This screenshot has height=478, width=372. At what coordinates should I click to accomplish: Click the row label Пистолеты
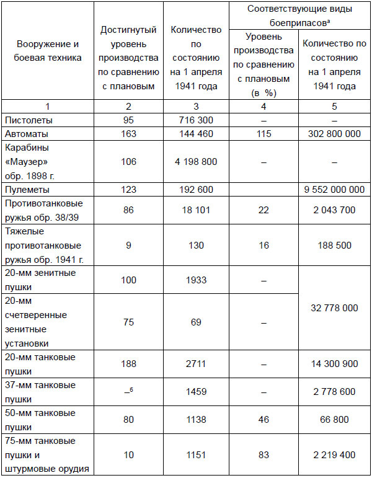tap(29, 119)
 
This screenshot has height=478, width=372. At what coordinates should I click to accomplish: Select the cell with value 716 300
tap(193, 119)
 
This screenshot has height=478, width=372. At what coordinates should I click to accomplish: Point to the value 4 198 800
tap(193, 162)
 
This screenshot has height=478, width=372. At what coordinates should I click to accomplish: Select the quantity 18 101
tap(193, 211)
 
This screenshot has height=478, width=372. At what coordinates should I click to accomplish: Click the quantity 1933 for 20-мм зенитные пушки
tap(193, 281)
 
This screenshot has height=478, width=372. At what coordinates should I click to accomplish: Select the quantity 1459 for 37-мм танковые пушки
tap(193, 392)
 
